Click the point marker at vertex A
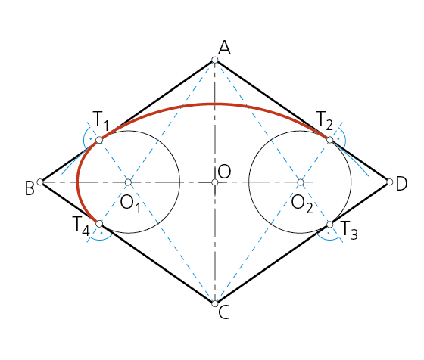[x=215, y=60]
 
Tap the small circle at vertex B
[x=40, y=182]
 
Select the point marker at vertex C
[x=215, y=304]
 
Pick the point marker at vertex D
[x=390, y=182]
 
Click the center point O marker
[x=215, y=182]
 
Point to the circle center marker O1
[x=128, y=182]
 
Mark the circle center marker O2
[x=301, y=182]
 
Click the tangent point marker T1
[x=99, y=140]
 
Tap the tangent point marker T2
[x=330, y=140]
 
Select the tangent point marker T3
[x=330, y=224]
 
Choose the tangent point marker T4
[x=99, y=224]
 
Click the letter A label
[x=224, y=48]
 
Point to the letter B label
[x=30, y=188]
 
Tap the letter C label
[x=224, y=312]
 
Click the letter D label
[x=401, y=185]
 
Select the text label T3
[x=350, y=231]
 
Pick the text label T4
[x=81, y=226]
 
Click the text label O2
[x=302, y=204]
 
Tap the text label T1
[x=101, y=121]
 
